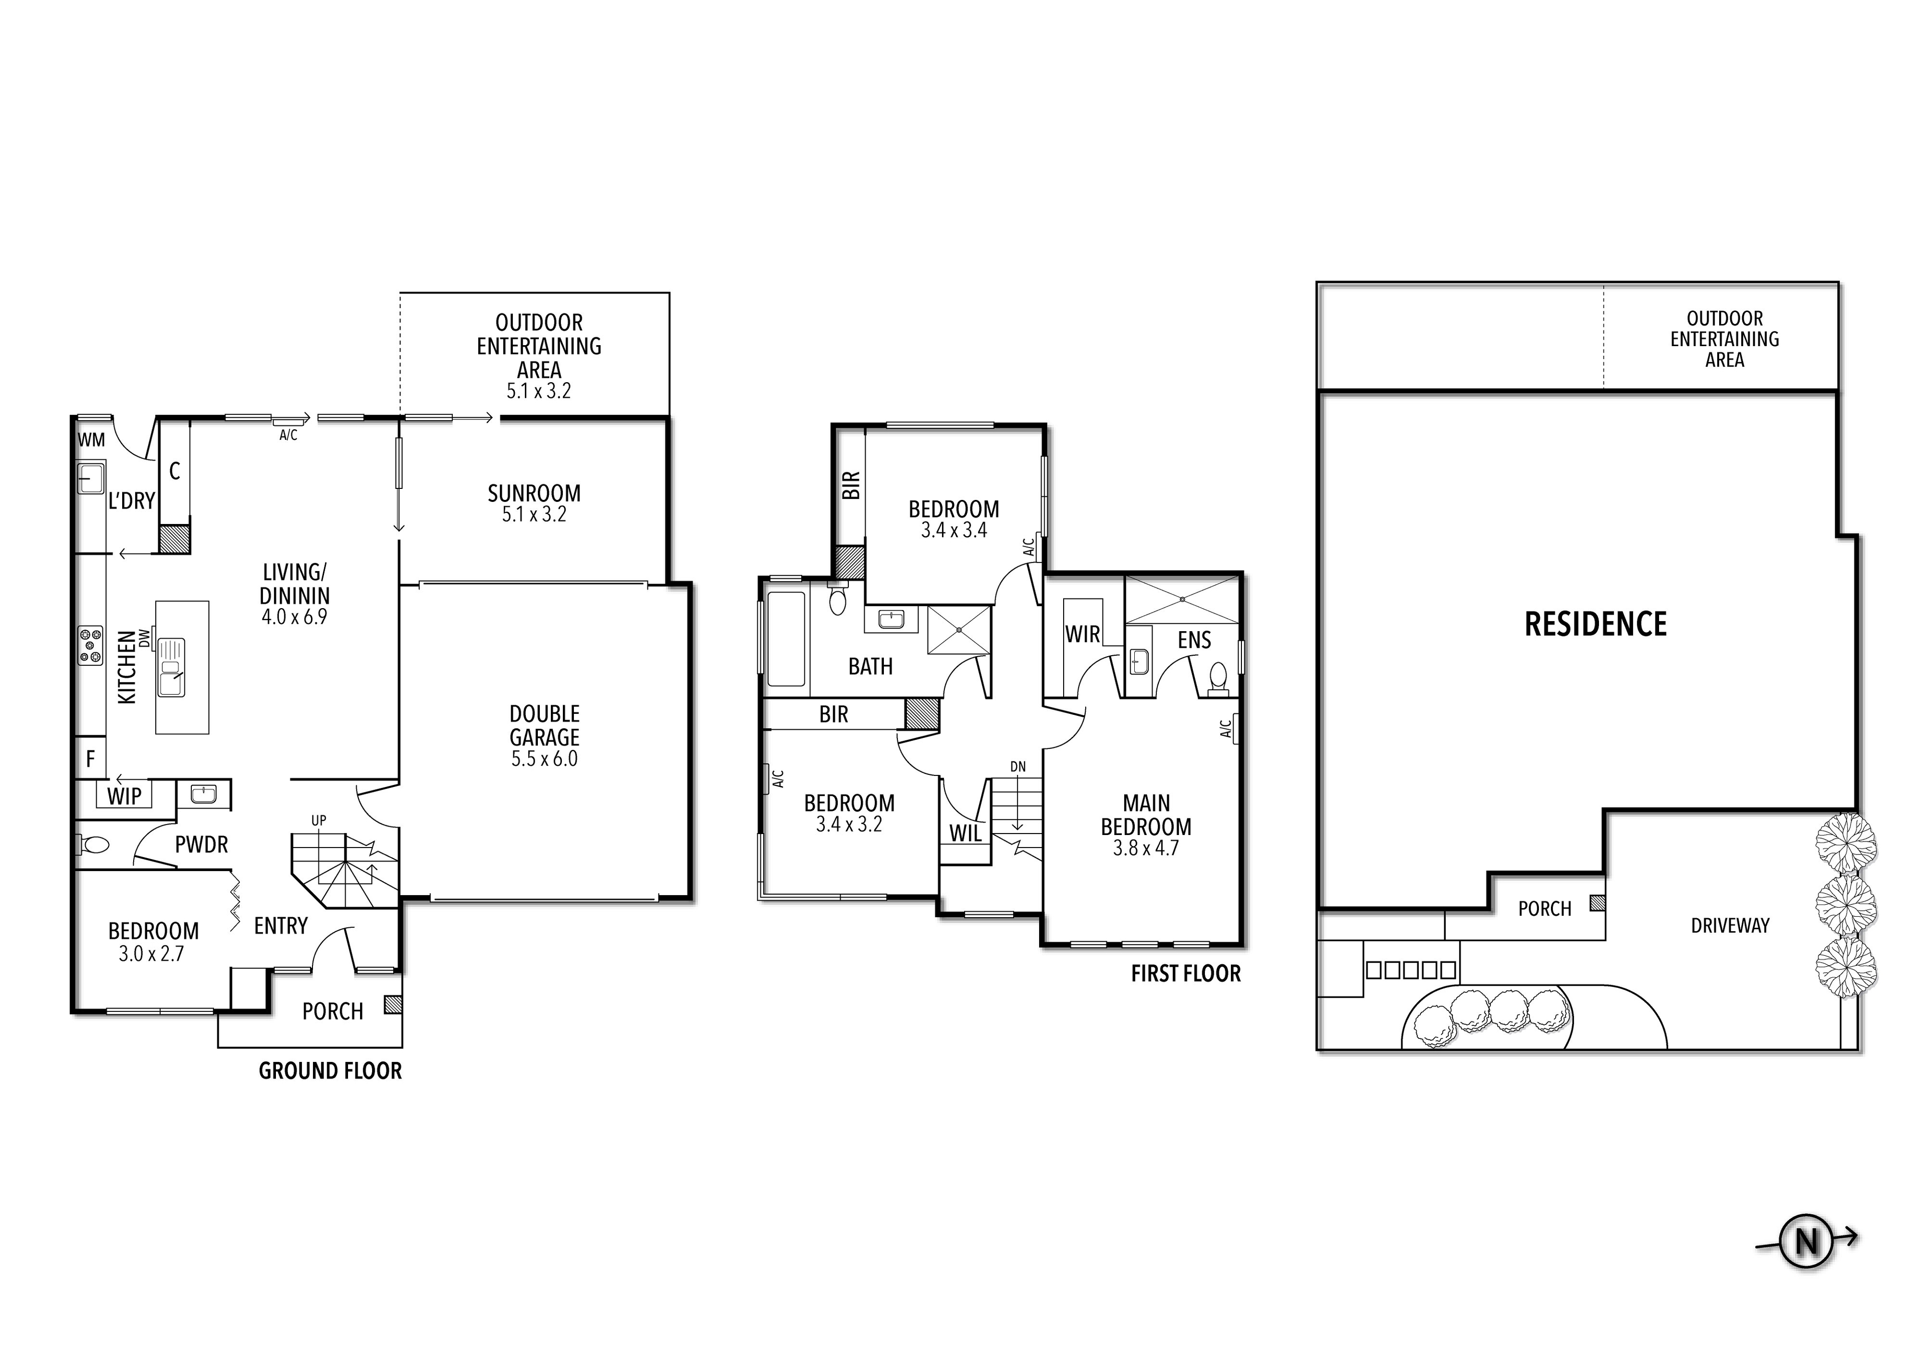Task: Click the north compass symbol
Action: [x=1807, y=1241]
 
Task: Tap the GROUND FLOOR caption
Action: [x=330, y=1071]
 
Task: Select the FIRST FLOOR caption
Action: [x=1186, y=974]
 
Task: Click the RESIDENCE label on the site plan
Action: [x=1595, y=624]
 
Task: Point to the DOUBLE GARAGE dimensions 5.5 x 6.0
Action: [x=544, y=759]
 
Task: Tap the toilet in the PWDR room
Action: [x=93, y=845]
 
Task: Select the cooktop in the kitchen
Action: [x=91, y=646]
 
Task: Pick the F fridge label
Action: [x=91, y=759]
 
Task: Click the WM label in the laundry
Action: [x=91, y=440]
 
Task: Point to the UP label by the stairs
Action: [x=318, y=821]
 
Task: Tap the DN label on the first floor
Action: [x=1018, y=766]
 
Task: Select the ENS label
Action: [x=1194, y=640]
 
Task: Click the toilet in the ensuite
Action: [x=1218, y=679]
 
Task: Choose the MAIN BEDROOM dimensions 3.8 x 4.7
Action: [x=1146, y=848]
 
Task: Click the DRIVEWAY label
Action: [x=1730, y=926]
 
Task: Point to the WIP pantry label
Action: [x=125, y=796]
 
